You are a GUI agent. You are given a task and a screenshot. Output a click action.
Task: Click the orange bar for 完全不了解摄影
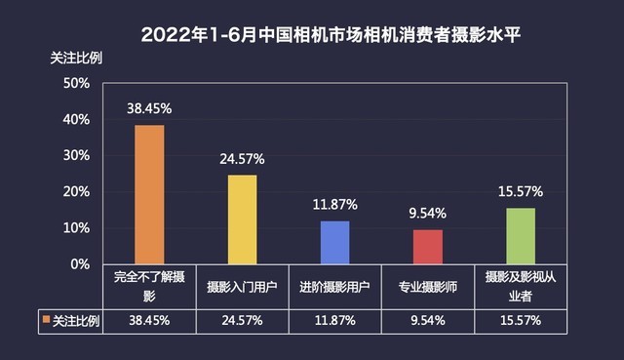[x=149, y=194]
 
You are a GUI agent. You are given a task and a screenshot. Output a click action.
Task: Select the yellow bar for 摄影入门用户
[x=242, y=220]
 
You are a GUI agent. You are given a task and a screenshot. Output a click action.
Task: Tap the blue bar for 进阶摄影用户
[x=334, y=242]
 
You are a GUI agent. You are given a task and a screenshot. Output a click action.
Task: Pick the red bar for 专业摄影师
[x=427, y=247]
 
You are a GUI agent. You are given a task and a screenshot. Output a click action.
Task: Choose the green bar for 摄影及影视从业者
[x=520, y=236]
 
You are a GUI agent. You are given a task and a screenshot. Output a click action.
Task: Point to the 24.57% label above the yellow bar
[x=242, y=159]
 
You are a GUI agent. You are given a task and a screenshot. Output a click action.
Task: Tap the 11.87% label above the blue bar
[x=334, y=205]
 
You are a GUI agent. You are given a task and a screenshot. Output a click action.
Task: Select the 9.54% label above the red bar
[x=427, y=214]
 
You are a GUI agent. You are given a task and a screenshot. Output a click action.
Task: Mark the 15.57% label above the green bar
[x=520, y=191]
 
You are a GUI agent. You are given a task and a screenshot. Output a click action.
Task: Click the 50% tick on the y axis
[x=76, y=84]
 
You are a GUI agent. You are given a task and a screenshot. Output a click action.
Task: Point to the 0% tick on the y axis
[x=80, y=264]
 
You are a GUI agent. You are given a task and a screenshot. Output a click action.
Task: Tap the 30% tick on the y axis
[x=76, y=156]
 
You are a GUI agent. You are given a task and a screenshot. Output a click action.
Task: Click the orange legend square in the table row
[x=45, y=319]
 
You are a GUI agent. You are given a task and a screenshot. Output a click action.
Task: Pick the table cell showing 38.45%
[x=149, y=319]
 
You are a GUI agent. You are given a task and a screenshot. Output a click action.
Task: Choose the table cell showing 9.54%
[x=427, y=319]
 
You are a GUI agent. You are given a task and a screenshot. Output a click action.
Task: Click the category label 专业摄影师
[x=427, y=287]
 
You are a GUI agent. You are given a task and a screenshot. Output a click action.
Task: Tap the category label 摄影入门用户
[x=242, y=287]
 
